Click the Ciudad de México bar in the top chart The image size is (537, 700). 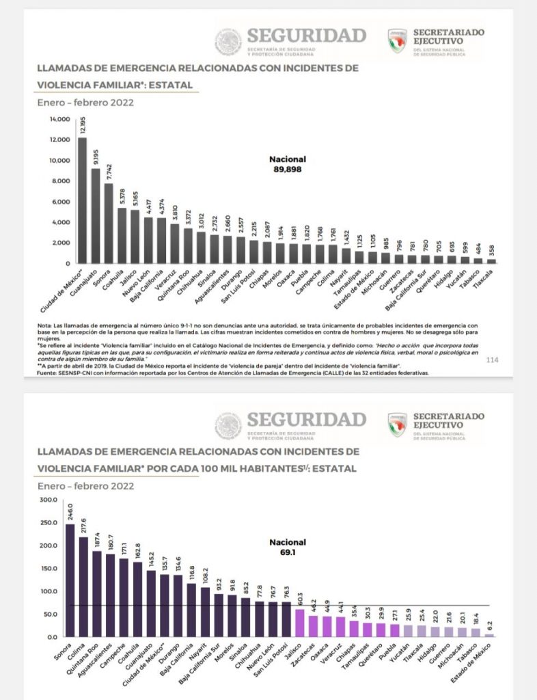pos(82,200)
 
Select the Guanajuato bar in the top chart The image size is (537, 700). pos(96,215)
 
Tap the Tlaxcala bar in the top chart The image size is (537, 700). pos(491,260)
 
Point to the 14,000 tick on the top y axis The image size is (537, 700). pos(60,119)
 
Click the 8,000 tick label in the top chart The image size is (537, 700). pos(60,181)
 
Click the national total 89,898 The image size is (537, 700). pos(287,167)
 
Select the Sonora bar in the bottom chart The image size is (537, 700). pos(70,580)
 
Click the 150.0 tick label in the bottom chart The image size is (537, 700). pos(49,568)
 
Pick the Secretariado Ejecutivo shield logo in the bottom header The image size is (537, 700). pos(398,424)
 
